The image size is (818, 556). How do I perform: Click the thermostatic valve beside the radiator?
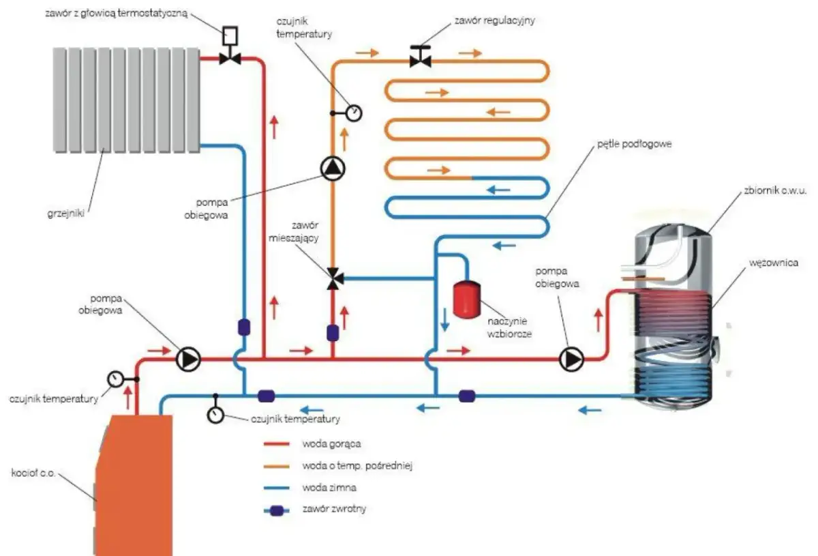(x=230, y=59)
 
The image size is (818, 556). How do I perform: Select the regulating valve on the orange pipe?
(x=421, y=61)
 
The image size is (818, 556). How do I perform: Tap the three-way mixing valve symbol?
(x=333, y=278)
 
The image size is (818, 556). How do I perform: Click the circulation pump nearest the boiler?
(x=188, y=358)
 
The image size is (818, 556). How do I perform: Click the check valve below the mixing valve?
(x=333, y=332)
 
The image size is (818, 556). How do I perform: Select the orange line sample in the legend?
(x=279, y=466)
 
